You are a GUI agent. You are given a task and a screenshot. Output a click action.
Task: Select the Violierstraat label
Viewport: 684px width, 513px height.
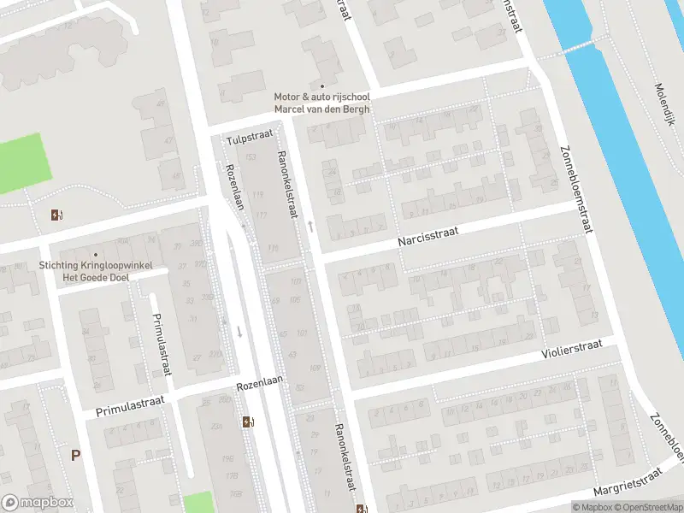[x=572, y=349]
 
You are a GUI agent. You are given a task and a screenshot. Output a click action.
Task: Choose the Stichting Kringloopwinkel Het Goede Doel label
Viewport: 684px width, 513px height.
[x=96, y=270]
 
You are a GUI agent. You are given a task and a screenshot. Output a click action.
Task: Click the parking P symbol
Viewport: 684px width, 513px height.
[x=75, y=456]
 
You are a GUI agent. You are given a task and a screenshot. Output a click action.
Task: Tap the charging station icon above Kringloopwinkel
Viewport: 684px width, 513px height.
[x=56, y=215]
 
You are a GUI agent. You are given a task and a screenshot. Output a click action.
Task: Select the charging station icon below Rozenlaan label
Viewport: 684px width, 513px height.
[x=248, y=421]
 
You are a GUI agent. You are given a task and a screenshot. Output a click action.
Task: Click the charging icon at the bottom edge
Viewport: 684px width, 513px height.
[x=363, y=508]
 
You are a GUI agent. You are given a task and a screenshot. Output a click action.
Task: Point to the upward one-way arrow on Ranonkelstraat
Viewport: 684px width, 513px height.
[x=310, y=226]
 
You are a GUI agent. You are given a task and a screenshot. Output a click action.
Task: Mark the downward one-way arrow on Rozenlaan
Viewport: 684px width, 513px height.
[x=239, y=331]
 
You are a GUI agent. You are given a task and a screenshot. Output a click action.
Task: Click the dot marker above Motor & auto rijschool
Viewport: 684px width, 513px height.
[x=322, y=86]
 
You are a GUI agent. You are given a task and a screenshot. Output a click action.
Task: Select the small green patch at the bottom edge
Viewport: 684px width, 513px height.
[x=198, y=503]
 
